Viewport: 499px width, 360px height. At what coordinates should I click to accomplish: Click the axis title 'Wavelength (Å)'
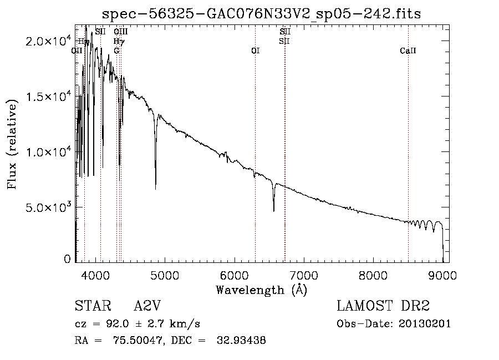(x=261, y=289)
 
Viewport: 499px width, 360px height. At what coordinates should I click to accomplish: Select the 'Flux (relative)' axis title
(x=12, y=144)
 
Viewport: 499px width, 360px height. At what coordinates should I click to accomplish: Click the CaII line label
(x=408, y=51)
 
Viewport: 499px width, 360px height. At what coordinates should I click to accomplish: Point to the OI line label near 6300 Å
(x=256, y=51)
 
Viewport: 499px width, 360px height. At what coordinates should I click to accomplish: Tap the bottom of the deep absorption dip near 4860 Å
(x=155, y=189)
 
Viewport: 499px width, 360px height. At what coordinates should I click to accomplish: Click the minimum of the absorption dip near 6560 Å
(x=273, y=211)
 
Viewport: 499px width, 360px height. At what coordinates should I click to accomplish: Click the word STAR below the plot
(x=90, y=306)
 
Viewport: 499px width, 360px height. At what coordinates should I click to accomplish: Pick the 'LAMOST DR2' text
(x=383, y=306)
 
